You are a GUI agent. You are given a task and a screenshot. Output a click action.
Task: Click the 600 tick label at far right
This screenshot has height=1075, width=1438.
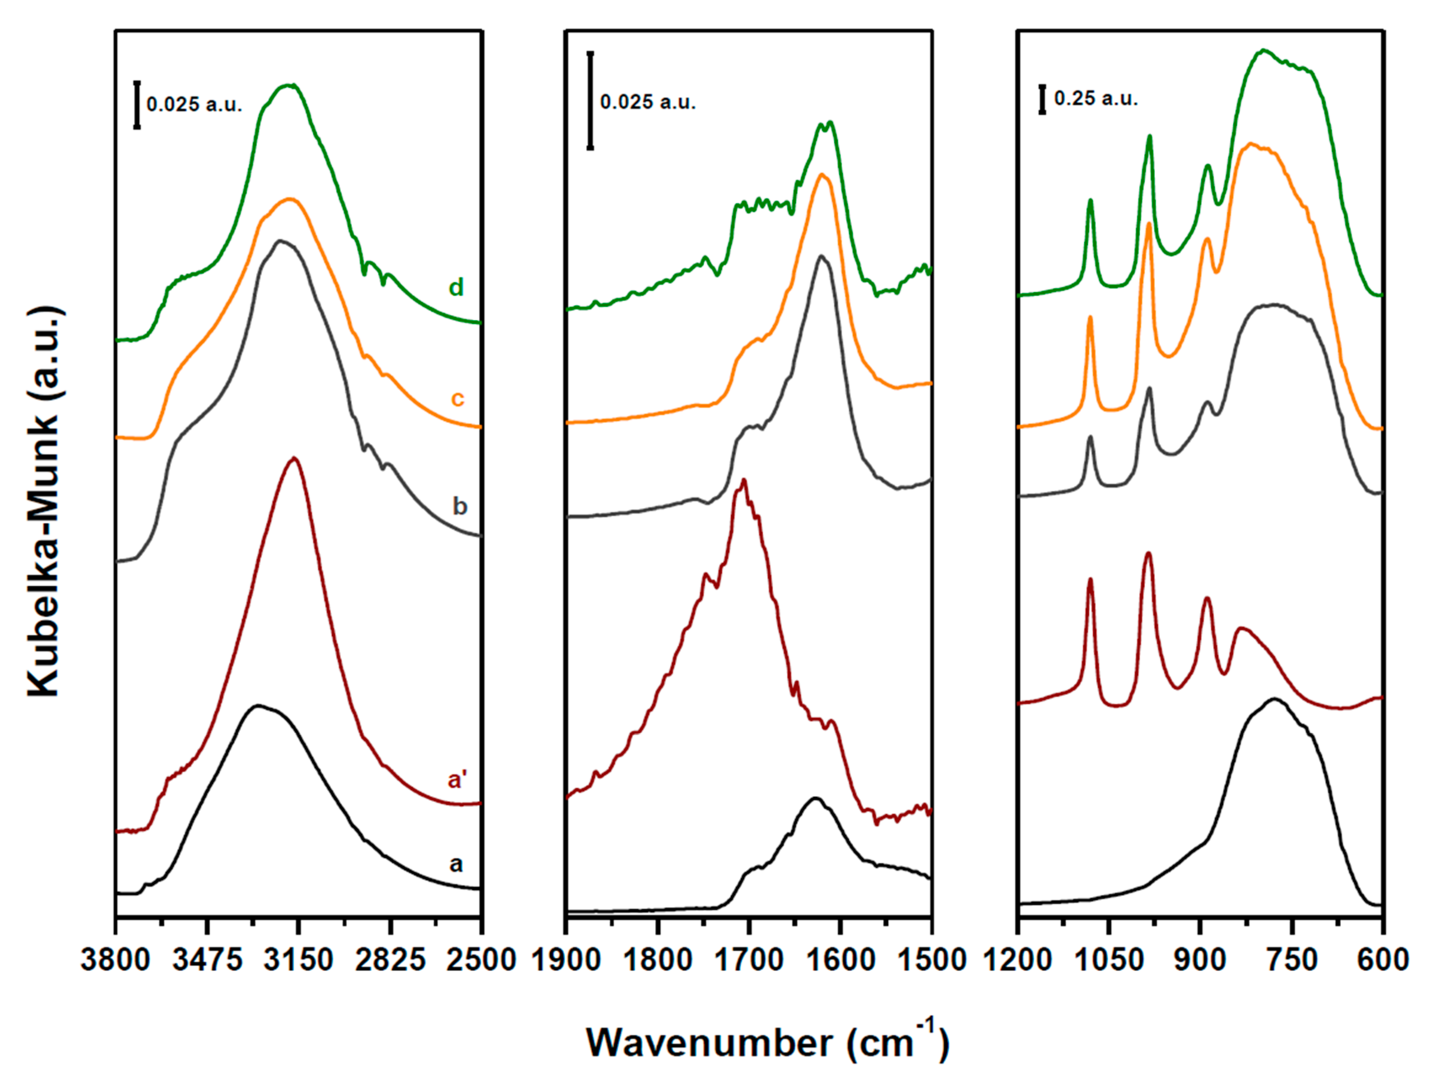tap(1383, 960)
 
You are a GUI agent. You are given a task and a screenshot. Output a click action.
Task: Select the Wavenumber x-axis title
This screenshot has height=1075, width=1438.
tap(767, 1042)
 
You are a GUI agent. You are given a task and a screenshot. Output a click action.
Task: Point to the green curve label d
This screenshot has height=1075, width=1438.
tap(456, 287)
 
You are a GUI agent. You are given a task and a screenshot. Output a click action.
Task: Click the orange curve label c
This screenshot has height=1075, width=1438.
tap(457, 398)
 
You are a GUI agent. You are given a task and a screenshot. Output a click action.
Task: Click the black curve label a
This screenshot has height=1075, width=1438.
tap(456, 864)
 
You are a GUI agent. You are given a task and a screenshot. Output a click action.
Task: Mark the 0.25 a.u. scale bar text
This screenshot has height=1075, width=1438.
tap(1096, 99)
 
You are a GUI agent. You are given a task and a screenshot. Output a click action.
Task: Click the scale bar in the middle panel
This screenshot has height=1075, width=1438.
tap(590, 101)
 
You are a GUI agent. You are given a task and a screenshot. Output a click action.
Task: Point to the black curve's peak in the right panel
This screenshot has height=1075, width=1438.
tap(1274, 699)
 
